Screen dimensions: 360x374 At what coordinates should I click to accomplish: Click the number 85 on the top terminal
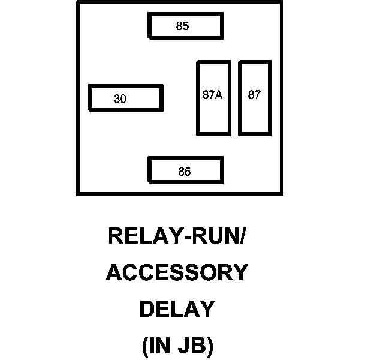tap(183, 26)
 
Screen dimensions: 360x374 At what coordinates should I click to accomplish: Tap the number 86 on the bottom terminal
tap(185, 172)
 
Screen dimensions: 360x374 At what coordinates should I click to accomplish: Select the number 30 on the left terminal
tap(120, 99)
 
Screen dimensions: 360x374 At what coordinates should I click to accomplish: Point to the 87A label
tap(212, 95)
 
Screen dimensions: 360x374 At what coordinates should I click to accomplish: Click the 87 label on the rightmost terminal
tap(254, 95)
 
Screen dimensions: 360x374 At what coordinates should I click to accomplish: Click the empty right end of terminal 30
tap(150, 98)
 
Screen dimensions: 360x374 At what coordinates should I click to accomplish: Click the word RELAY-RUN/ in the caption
tap(177, 236)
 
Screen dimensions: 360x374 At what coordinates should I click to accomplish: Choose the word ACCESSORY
tap(177, 273)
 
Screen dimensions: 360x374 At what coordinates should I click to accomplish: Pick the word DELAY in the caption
tap(177, 310)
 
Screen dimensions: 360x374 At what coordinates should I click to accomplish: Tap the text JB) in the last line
tap(195, 346)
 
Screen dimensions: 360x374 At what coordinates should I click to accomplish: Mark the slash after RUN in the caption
tap(242, 236)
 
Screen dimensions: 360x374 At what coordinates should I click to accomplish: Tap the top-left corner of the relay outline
tap(77, 2)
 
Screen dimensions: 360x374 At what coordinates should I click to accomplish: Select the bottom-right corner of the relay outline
tap(280, 193)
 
